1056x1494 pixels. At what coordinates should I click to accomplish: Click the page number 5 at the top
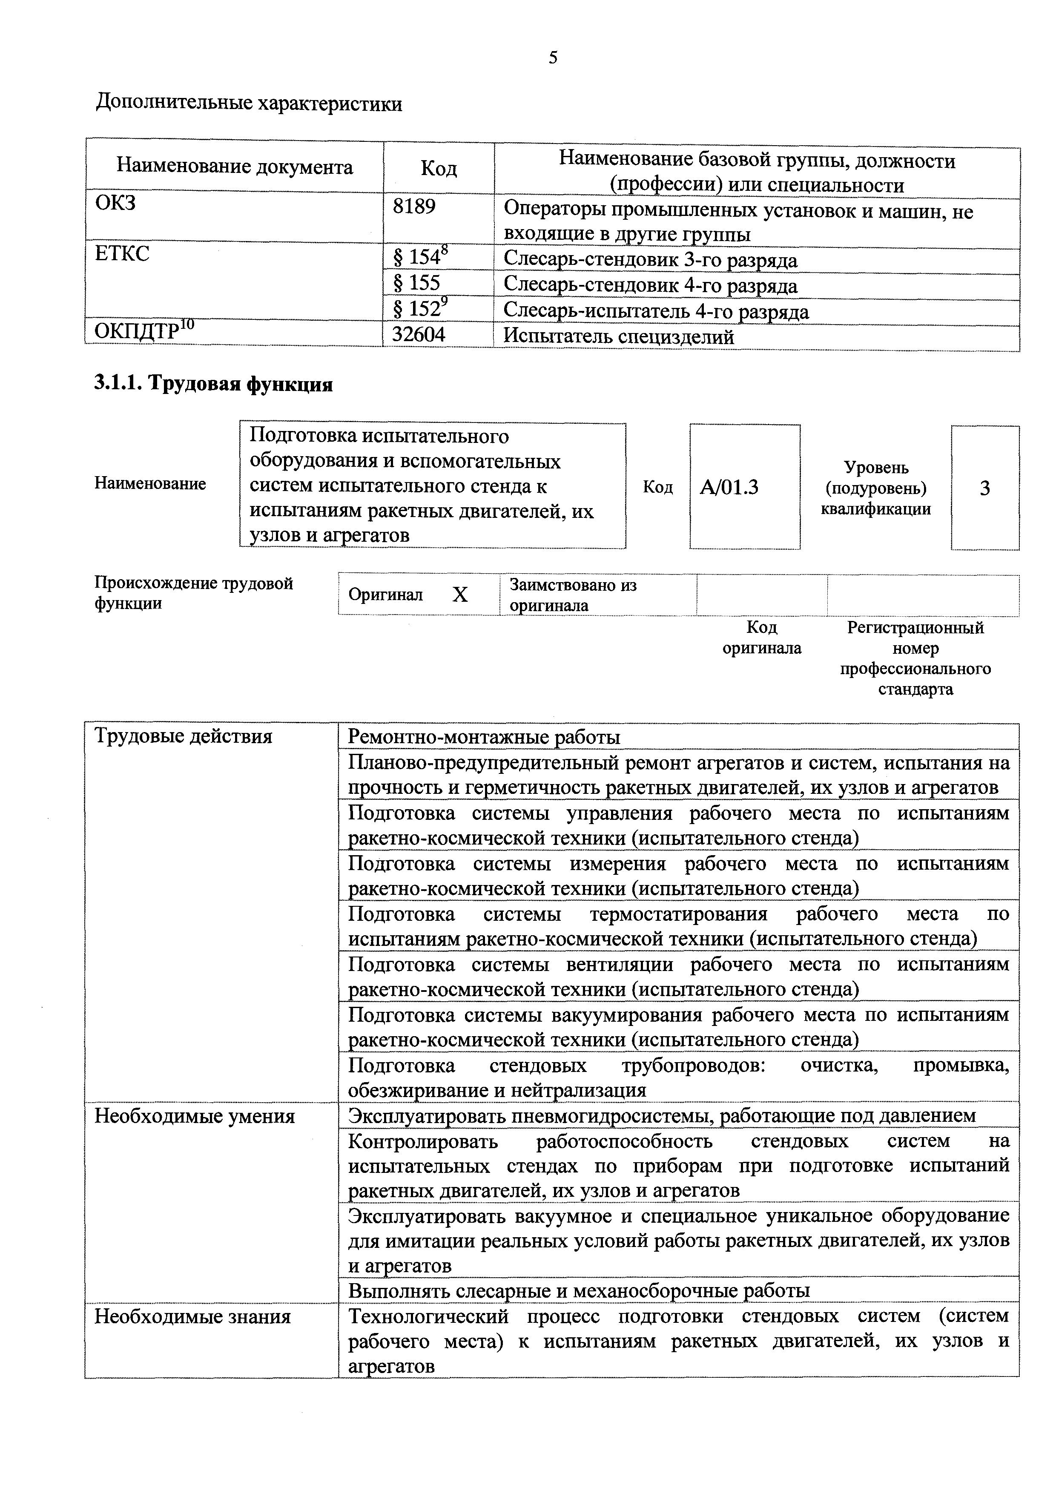coord(553,58)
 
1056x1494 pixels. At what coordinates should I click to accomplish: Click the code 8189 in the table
coord(414,207)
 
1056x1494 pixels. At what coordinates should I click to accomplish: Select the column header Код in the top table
coord(439,169)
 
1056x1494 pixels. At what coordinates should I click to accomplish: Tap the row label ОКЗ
coord(116,203)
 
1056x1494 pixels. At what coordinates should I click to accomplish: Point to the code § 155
coord(416,283)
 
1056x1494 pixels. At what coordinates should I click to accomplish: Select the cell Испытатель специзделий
coord(618,337)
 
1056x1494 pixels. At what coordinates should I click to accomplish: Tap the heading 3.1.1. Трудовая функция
coord(213,385)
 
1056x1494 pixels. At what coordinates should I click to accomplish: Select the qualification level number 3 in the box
coord(984,488)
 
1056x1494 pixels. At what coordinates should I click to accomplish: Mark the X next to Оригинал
coord(460,595)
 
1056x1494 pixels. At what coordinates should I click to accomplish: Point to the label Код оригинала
coord(762,638)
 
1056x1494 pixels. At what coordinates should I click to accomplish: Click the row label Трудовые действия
coord(184,737)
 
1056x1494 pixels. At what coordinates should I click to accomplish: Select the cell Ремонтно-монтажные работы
coord(484,737)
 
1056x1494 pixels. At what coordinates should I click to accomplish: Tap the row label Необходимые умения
coord(195,1117)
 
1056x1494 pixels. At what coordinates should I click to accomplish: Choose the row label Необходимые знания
coord(192,1317)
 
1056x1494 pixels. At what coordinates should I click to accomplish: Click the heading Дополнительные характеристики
coord(249,104)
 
